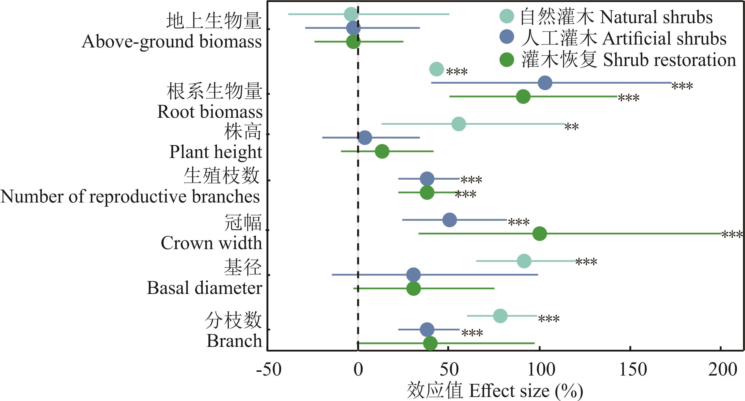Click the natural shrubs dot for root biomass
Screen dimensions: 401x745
tap(436, 69)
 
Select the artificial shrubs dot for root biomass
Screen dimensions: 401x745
tap(545, 83)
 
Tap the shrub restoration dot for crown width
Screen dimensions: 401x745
tap(540, 233)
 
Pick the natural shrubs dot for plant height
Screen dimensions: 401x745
tap(459, 124)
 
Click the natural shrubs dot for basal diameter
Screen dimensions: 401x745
tap(524, 261)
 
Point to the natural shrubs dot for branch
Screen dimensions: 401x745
tap(500, 316)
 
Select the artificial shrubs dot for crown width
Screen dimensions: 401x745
tap(450, 220)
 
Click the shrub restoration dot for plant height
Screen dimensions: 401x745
tap(382, 151)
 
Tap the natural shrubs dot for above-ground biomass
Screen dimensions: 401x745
tap(351, 14)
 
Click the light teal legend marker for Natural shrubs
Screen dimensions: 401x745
tap(507, 16)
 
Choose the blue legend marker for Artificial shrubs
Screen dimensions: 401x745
tap(507, 37)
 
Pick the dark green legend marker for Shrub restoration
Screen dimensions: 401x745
tap(507, 60)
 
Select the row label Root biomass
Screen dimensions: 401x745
tap(210, 111)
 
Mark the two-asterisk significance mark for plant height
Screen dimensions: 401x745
tap(571, 127)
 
